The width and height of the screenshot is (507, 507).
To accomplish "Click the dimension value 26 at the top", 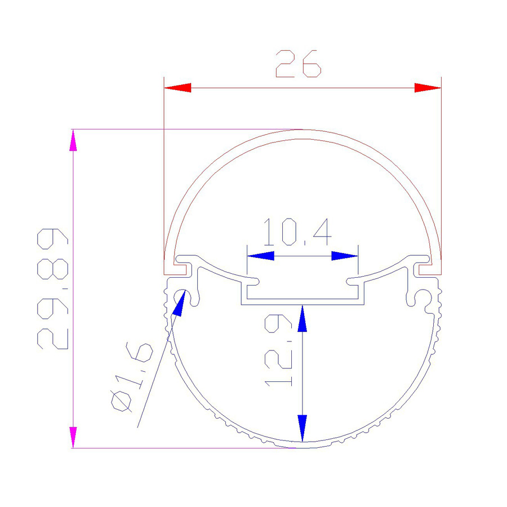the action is (x=298, y=64).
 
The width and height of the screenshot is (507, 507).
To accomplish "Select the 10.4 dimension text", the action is (x=297, y=232).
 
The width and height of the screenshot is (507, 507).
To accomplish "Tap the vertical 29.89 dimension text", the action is (x=53, y=288).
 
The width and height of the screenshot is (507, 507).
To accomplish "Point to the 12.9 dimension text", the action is (x=278, y=350).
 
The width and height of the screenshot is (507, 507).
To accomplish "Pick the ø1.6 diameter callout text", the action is (x=131, y=377).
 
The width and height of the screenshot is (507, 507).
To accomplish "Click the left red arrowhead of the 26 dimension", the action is (x=177, y=88).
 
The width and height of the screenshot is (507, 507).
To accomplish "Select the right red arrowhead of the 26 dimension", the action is (x=428, y=88).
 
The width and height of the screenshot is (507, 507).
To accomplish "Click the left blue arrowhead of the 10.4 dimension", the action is (x=261, y=256).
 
